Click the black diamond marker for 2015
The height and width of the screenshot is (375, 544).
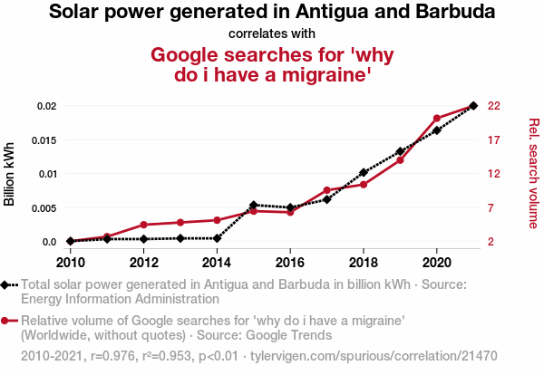click(253, 205)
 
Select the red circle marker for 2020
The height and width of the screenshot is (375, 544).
click(437, 119)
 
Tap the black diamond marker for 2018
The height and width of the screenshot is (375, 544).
click(364, 172)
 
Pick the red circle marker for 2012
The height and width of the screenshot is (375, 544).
click(143, 225)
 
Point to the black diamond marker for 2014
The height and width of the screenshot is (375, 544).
click(217, 238)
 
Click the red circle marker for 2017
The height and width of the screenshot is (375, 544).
click(326, 190)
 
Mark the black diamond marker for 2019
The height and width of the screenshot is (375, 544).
click(400, 151)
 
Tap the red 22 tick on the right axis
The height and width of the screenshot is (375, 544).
click(494, 106)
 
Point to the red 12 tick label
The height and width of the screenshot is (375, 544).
click(494, 174)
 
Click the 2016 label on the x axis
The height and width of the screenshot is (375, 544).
click(290, 263)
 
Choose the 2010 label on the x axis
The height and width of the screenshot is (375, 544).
click(70, 263)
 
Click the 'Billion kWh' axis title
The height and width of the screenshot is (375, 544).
click(10, 174)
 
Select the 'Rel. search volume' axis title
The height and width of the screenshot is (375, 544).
click(533, 173)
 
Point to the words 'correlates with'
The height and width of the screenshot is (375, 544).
click(271, 34)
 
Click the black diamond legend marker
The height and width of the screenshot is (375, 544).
click(6, 284)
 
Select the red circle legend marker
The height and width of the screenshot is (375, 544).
click(6, 321)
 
